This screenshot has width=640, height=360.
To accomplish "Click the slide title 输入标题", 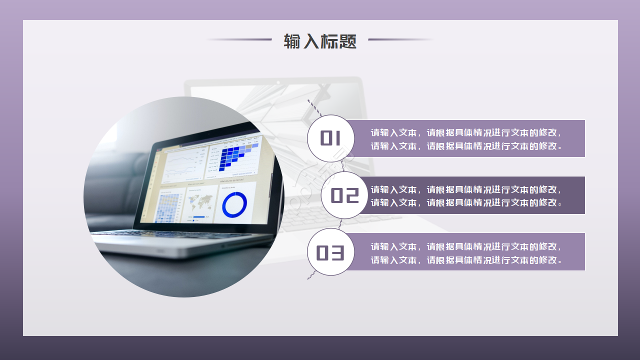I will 320,41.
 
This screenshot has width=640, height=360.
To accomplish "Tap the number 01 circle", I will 330,138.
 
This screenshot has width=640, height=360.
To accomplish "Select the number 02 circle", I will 345,195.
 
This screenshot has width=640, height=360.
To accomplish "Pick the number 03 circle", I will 330,252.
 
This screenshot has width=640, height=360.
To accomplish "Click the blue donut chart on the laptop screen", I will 234,204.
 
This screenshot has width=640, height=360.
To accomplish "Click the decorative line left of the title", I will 239,39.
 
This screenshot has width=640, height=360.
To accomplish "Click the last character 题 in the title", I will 348,41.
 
